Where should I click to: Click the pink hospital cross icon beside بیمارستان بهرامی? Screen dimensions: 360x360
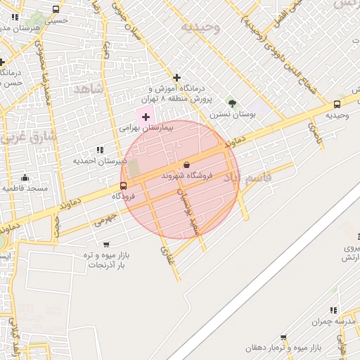point(146,116)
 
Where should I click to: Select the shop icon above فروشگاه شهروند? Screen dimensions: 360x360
point(186,165)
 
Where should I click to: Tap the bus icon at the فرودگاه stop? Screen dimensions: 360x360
point(124,186)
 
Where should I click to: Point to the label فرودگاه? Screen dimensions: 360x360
point(124,197)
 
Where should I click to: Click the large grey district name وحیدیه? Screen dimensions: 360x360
point(200,27)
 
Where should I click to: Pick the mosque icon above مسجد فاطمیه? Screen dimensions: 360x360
point(25,177)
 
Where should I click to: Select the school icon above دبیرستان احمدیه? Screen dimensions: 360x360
point(99,149)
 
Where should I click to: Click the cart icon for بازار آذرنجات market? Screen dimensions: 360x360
point(106,244)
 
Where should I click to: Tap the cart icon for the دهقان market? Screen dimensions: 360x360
point(283,337)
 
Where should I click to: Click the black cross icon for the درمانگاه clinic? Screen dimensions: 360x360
point(176,77)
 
